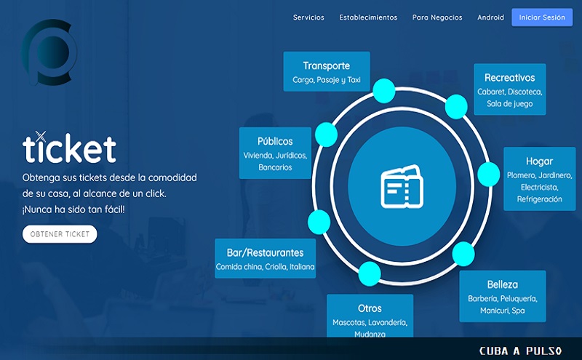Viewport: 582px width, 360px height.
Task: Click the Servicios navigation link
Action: coord(308,17)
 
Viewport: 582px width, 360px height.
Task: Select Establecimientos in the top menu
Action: coord(368,17)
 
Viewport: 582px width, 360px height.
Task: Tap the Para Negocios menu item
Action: coord(437,17)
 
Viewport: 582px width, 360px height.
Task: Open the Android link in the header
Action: coord(490,17)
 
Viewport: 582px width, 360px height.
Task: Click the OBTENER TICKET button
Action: coord(60,234)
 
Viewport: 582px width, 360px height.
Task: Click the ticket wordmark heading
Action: coord(69,148)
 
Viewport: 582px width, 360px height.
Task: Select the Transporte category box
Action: coord(327,71)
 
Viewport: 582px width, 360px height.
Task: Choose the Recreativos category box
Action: coord(510,89)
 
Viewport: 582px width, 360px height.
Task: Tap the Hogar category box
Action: coord(539,179)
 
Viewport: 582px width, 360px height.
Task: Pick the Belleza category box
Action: coord(503,296)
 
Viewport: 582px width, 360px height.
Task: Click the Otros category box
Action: coord(370,316)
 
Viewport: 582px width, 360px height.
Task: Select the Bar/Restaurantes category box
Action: coord(265,258)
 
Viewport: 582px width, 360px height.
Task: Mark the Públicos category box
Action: coord(275,153)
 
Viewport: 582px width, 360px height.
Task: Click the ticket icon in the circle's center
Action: coord(402,186)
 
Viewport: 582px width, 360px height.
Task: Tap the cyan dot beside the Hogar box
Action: coord(488,174)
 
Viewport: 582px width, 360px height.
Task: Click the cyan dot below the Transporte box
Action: coord(384,91)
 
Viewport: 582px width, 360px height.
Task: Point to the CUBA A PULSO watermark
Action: coord(521,351)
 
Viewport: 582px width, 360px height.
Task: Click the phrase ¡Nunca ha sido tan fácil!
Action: coord(73,209)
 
